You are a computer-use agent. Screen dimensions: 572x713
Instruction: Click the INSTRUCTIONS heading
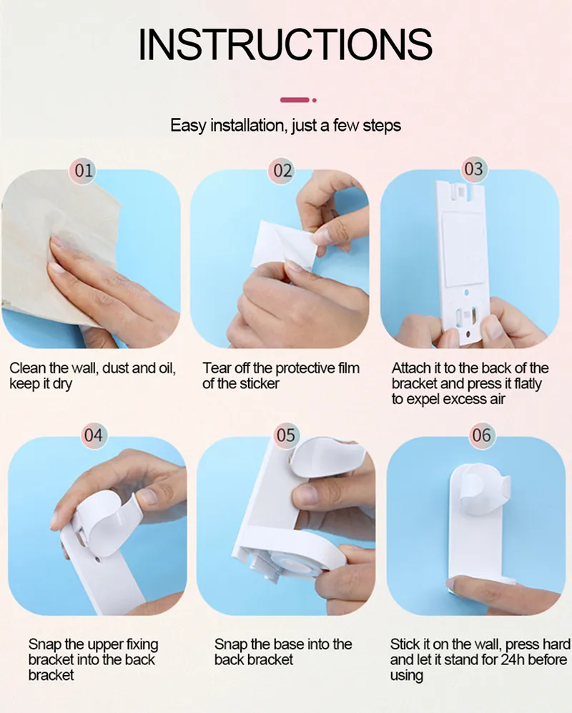point(285,44)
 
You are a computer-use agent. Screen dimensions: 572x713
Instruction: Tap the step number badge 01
point(83,170)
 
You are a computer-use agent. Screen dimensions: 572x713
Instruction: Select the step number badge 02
point(282,170)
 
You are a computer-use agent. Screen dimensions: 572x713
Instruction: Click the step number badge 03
point(473,169)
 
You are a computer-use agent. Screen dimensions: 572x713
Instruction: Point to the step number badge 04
point(93,436)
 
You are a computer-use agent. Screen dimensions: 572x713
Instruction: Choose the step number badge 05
point(285,436)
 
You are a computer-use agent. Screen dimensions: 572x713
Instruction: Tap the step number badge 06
point(481,436)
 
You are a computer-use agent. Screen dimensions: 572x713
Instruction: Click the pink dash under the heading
point(295,100)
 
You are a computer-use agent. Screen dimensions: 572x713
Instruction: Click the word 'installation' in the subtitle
point(248,125)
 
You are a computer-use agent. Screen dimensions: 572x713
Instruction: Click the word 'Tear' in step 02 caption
point(217,368)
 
